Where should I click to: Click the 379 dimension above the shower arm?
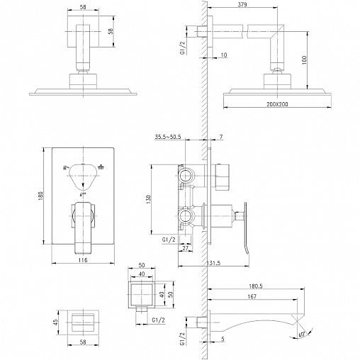pyautogui.click(x=242, y=4)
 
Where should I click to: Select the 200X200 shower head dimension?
pyautogui.click(x=277, y=104)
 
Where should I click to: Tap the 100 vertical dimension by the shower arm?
pyautogui.click(x=304, y=60)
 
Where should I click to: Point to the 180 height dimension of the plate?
pyautogui.click(x=41, y=196)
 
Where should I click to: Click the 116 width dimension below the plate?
pyautogui.click(x=83, y=260)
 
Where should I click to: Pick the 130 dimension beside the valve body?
pyautogui.click(x=149, y=199)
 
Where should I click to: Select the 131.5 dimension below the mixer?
pyautogui.click(x=213, y=263)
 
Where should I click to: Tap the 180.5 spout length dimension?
pyautogui.click(x=256, y=286)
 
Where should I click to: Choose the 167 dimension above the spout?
pyautogui.click(x=252, y=296)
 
